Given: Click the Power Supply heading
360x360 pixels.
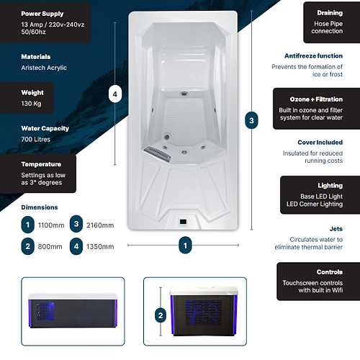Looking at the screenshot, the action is tap(42, 14).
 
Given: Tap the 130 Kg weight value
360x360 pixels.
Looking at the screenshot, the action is tap(31, 104).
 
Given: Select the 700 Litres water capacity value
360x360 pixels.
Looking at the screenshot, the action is tap(36, 139).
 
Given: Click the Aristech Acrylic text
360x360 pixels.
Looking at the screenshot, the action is tap(44, 68).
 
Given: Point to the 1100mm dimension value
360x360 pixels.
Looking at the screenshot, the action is tap(51, 225).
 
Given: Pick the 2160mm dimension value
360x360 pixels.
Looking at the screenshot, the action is tap(100, 225).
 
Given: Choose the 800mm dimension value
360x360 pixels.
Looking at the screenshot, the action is tap(50, 247).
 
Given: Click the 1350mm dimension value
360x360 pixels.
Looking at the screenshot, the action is tap(100, 247).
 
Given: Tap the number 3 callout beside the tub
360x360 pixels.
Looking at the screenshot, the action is tap(251, 120).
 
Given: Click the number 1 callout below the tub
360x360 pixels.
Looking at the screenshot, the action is tap(185, 246).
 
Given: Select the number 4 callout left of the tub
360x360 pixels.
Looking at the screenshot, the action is tap(115, 94).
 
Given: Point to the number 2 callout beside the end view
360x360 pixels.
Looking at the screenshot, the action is tap(161, 315).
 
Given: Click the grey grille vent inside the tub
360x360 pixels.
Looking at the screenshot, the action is tap(158, 153).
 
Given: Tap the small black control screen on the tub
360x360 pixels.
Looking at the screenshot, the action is tap(183, 222).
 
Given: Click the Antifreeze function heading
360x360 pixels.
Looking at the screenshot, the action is tap(313, 56).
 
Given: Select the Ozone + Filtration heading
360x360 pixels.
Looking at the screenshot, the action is tap(316, 99).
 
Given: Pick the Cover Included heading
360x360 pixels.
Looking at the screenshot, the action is tap(320, 143).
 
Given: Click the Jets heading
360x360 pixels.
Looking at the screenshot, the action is tap(336, 229).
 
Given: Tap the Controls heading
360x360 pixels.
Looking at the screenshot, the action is tap(330, 272).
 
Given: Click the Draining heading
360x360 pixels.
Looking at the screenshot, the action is tap(330, 13).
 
